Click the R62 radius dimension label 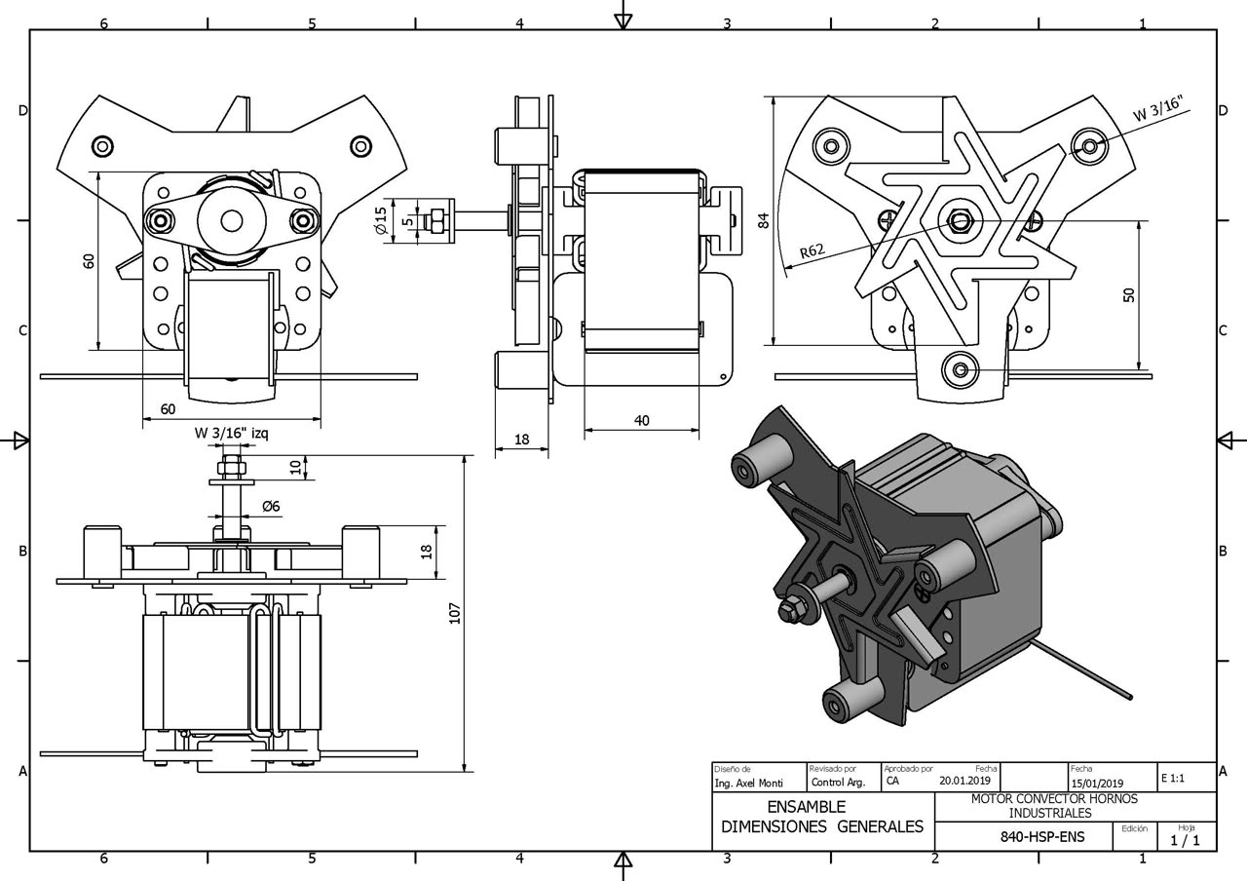coord(812,251)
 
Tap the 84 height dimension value coord(764,220)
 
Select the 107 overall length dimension coord(455,613)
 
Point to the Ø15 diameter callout coord(381,220)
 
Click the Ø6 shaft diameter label coord(271,506)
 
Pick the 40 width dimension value coord(642,420)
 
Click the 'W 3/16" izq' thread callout coord(232,433)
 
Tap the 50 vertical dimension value coord(1128,294)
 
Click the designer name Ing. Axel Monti coord(749,783)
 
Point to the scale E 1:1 coord(1173,778)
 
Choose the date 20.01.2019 coord(965,781)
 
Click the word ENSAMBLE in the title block coord(806,806)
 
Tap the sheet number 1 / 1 coord(1186,840)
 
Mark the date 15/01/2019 coord(1097,784)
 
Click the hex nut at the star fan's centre coord(960,220)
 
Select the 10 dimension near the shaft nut coord(296,467)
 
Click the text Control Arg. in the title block coord(839,783)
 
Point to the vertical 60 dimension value coord(89,260)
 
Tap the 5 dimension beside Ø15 coord(408,220)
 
